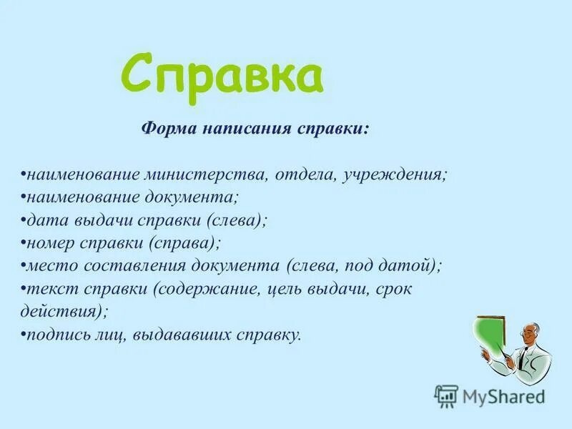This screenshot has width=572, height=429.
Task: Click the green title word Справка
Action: [x=222, y=74]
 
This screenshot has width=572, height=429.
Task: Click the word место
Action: [x=49, y=266]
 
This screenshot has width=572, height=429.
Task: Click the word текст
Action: [x=48, y=289]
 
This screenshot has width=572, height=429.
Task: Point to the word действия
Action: [x=61, y=312]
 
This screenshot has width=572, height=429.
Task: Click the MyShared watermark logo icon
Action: [x=445, y=395]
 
